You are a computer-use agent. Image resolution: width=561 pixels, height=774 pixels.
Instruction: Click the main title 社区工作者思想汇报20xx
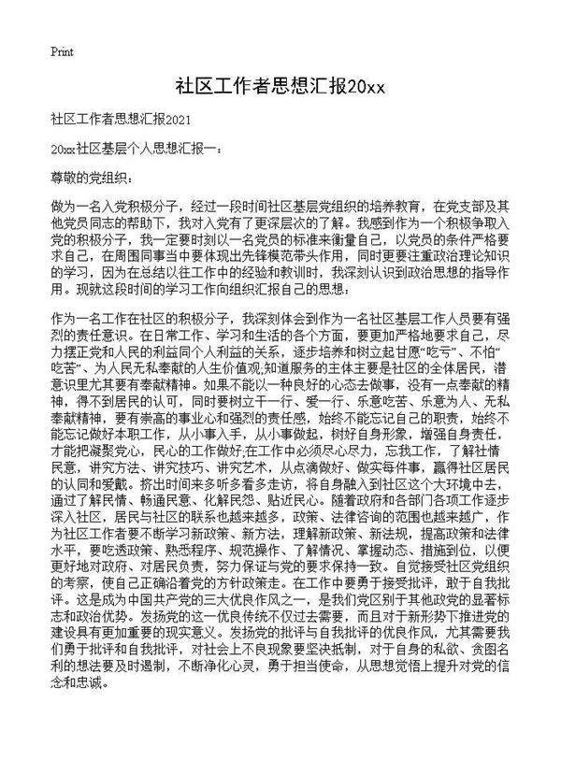point(280,87)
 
